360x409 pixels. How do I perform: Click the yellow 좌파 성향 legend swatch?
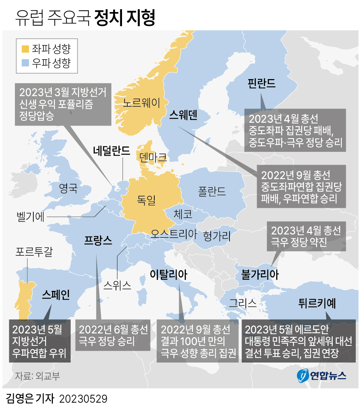pyautogui.click(x=26, y=49)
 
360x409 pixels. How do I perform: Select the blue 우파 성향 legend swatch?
pyautogui.click(x=26, y=63)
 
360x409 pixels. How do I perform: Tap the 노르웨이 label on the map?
pyautogui.click(x=142, y=103)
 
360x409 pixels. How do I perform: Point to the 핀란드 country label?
pyautogui.click(x=262, y=83)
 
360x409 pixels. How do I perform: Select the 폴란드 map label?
pyautogui.click(x=212, y=191)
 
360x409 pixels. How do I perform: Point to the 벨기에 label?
pyautogui.click(x=31, y=216)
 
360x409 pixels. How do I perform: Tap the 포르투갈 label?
pyautogui.click(x=34, y=253)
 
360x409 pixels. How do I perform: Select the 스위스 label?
pyautogui.click(x=117, y=285)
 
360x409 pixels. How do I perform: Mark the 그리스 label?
pyautogui.click(x=243, y=303)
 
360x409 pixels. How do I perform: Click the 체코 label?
pyautogui.click(x=183, y=214)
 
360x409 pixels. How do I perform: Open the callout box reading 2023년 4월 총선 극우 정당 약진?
pyautogui.click(x=306, y=236)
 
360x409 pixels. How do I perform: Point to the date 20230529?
pyautogui.click(x=83, y=399)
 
